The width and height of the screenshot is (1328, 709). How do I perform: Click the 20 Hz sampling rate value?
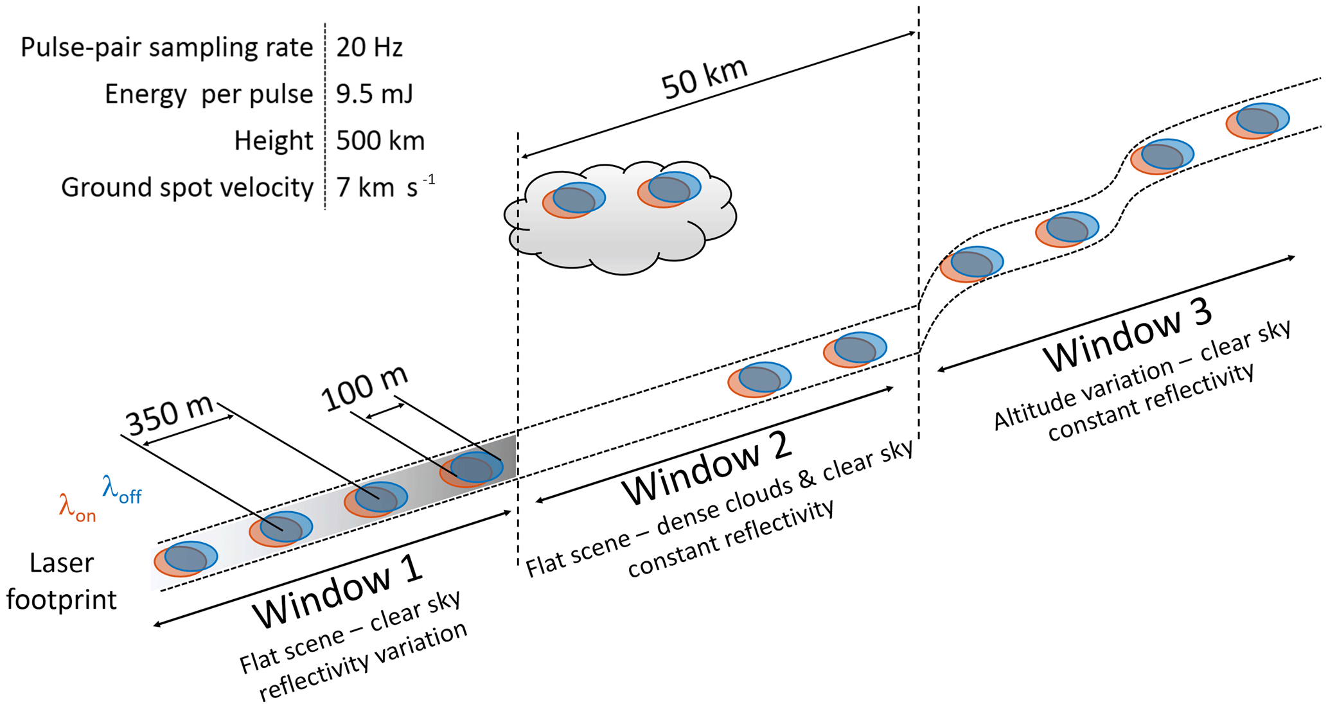click(369, 48)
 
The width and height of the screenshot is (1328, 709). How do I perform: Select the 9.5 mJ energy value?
click(375, 94)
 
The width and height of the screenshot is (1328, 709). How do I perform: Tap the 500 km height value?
click(380, 141)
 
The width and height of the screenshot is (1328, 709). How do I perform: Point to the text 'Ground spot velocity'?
click(187, 188)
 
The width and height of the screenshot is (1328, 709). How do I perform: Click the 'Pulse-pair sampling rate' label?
click(166, 48)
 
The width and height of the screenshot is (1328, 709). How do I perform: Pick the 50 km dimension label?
click(705, 78)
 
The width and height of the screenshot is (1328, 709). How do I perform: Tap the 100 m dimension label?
click(365, 389)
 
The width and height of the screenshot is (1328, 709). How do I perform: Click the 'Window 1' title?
click(338, 591)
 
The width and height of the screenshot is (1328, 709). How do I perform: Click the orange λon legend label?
click(77, 507)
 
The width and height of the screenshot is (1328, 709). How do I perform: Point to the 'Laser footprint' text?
click(62, 581)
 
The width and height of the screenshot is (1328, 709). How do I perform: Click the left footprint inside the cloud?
click(574, 199)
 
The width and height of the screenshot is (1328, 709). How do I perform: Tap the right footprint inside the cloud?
click(669, 189)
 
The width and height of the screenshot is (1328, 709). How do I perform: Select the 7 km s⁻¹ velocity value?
click(385, 188)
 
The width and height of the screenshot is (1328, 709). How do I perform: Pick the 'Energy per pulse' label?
click(209, 94)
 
